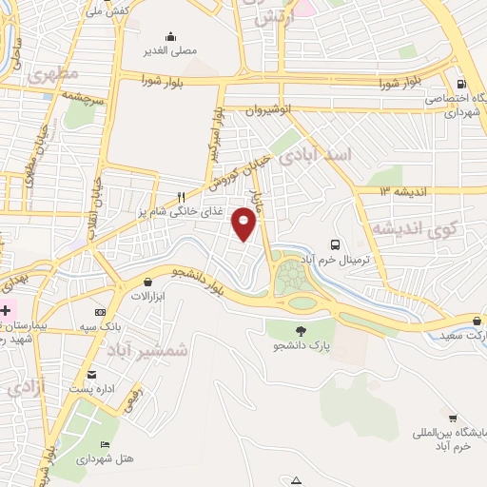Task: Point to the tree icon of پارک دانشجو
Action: tap(302, 331)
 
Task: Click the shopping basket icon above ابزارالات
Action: tap(148, 282)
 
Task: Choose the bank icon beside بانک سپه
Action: tap(100, 312)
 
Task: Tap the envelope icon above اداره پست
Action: tap(91, 374)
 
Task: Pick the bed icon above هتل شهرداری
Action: tap(105, 444)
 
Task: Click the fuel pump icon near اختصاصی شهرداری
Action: tap(461, 84)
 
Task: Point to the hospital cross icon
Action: tap(6, 310)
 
